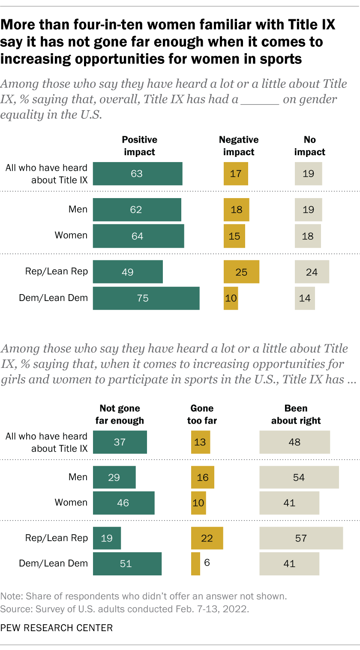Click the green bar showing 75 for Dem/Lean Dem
[x=146, y=298]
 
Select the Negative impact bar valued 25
[x=241, y=272]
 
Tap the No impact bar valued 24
[x=312, y=272]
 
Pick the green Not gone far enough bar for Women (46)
[x=123, y=503]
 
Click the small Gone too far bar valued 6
[x=195, y=563]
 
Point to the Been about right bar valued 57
[x=301, y=538]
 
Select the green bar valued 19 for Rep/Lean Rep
[x=107, y=538]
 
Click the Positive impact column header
[x=139, y=146]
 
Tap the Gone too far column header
[x=202, y=414]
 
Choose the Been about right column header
[x=296, y=414]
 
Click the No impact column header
[x=309, y=146]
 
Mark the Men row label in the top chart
[x=78, y=209]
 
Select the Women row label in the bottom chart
[x=71, y=502]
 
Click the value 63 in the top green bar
[x=137, y=174]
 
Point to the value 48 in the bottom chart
[x=294, y=442]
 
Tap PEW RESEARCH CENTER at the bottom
[x=57, y=628]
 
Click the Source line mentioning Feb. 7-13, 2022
[x=124, y=608]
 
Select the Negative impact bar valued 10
[x=231, y=298]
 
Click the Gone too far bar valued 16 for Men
[x=202, y=477]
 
